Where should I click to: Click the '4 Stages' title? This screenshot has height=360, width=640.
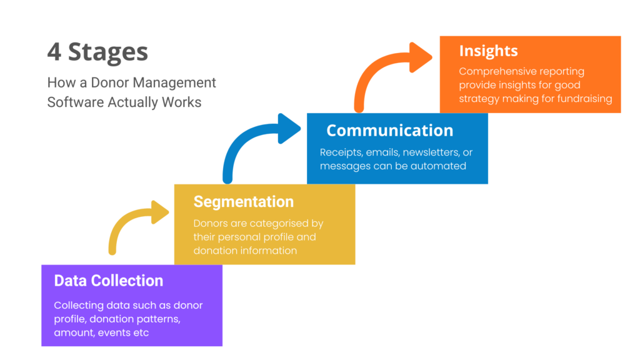[97, 52]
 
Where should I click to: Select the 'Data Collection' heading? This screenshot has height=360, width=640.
[109, 281]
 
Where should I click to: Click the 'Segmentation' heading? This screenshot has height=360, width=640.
[243, 201]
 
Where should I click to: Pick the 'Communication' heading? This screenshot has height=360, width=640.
[389, 130]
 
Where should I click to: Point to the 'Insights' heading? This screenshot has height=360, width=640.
[488, 51]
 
